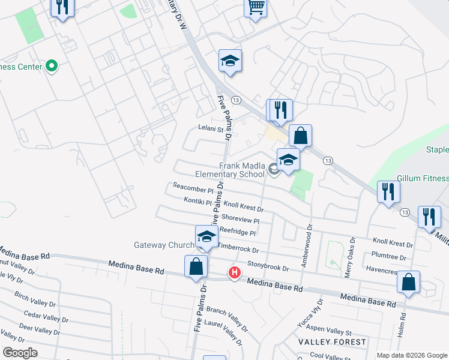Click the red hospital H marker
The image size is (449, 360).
pos(234,274)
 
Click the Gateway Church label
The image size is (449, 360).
pos(163,245)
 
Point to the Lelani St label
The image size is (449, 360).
pos(211,128)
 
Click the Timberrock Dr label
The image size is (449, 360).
pos(238,249)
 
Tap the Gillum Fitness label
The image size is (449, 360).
pos(423,179)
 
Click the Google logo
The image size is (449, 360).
pos(20,352)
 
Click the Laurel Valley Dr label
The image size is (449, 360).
pos(223,334)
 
